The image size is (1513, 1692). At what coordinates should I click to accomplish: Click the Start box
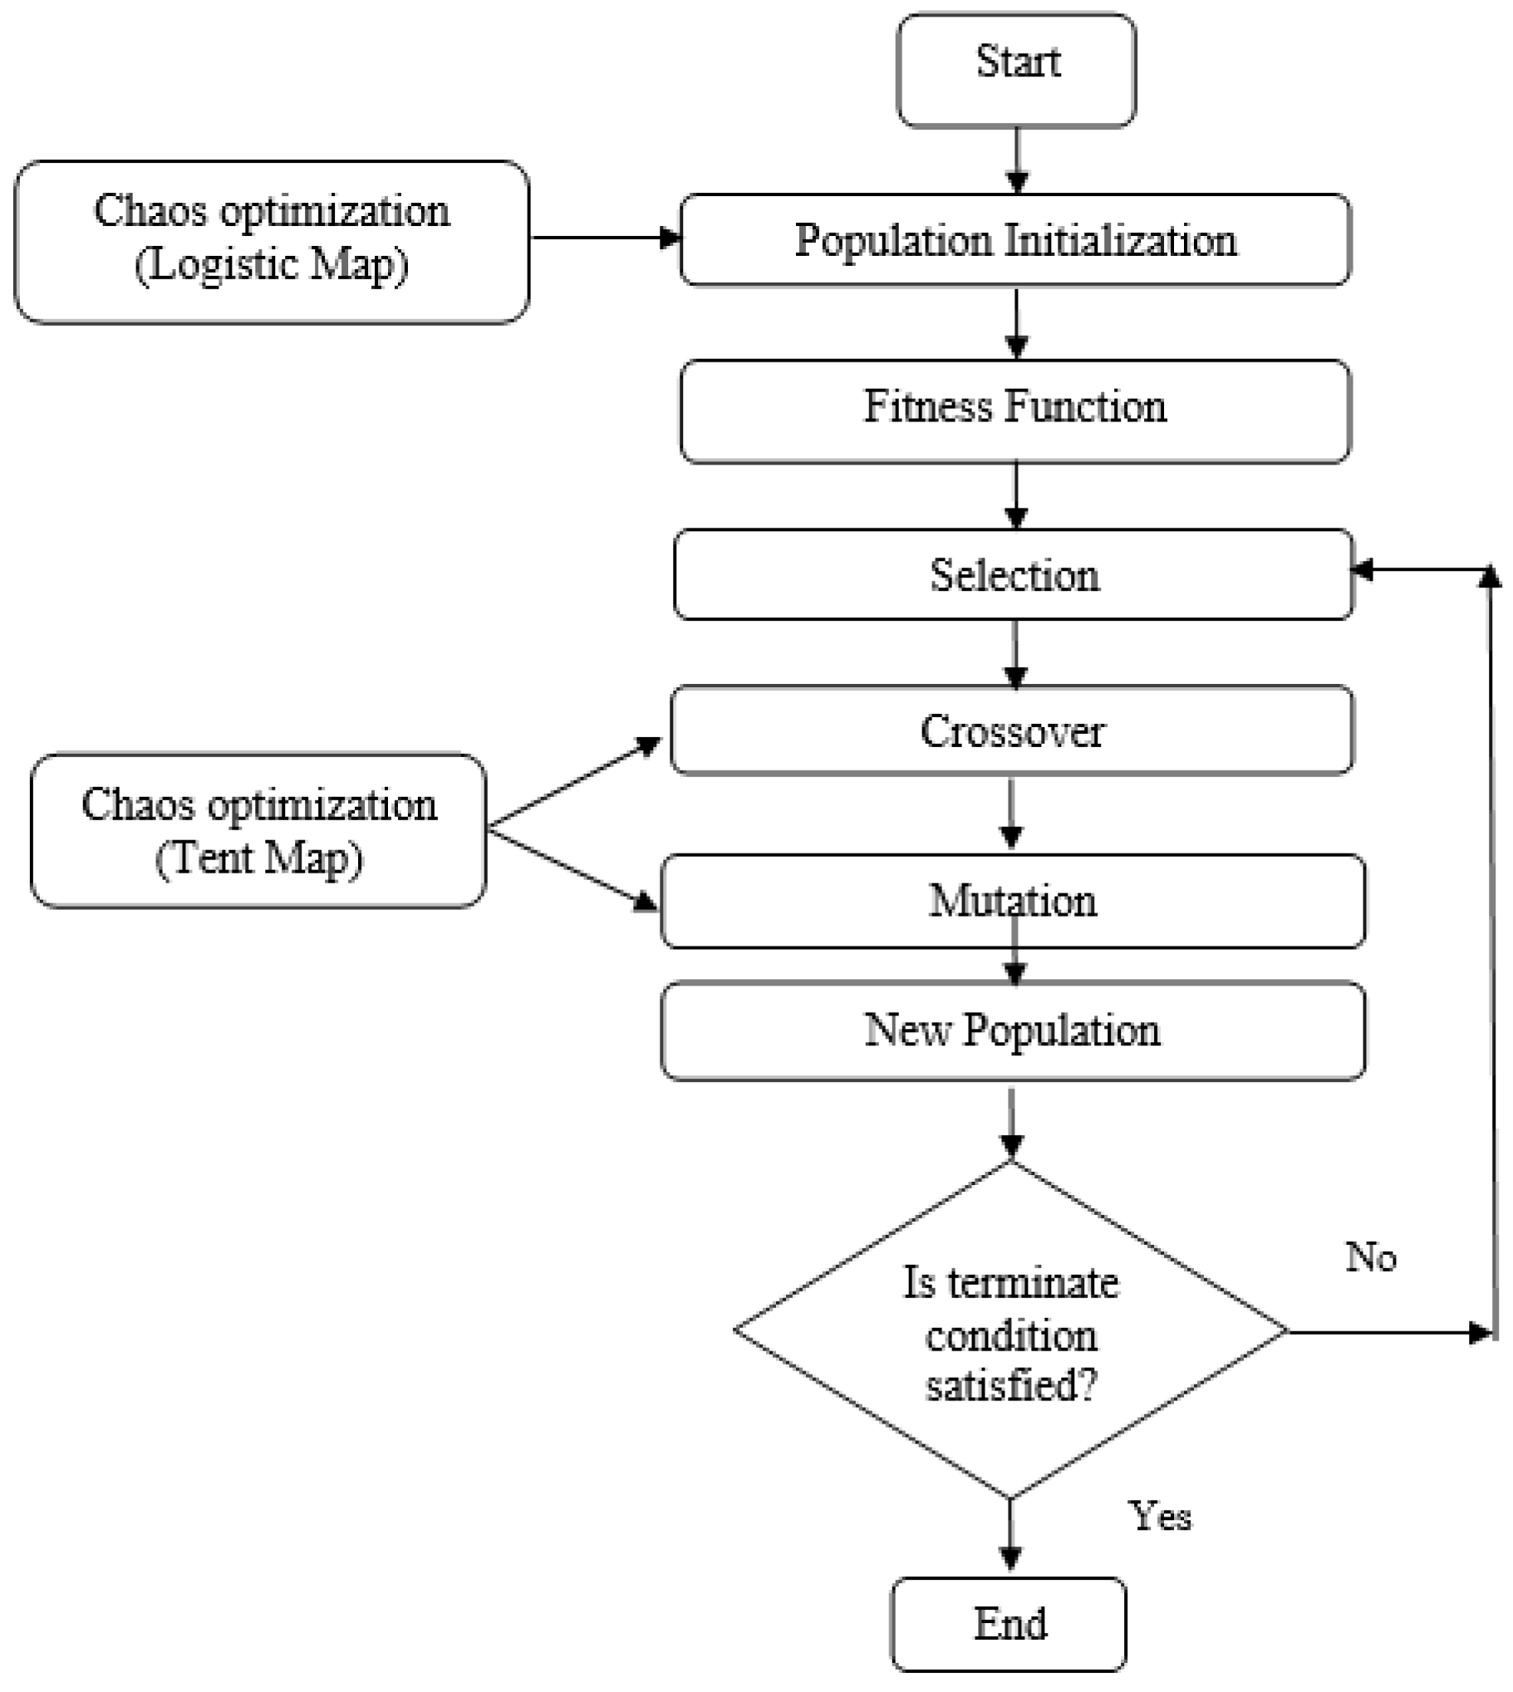pos(1016,70)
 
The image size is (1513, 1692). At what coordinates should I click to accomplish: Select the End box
pos(1009,1623)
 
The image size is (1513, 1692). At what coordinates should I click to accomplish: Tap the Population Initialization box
pos(1015,240)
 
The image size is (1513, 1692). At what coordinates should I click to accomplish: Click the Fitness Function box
pos(1015,411)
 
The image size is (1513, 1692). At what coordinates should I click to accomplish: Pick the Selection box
pos(1014,574)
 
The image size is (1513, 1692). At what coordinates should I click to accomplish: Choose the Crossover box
pos(1012,730)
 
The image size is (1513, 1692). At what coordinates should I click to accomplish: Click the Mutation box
pos(1013,901)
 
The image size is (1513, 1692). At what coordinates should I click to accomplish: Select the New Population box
pos(1013,1031)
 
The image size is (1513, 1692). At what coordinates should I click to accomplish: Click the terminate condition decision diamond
pos(1011,1330)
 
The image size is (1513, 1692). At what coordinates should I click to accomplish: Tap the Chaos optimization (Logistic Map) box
pos(272,241)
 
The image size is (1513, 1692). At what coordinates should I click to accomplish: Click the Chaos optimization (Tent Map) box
pos(258,829)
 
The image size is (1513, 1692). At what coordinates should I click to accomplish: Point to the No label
pos(1370,1257)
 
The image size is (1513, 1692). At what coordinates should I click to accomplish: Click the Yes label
pos(1160,1516)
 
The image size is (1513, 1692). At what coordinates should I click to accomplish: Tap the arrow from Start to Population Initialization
pos(1017,160)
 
